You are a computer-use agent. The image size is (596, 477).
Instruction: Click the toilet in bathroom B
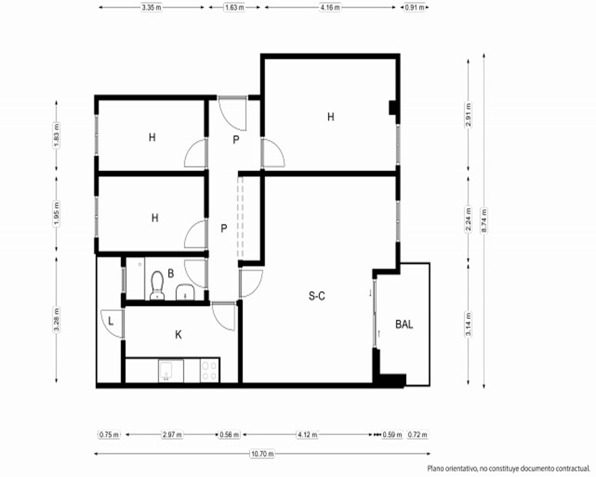coord(157,285)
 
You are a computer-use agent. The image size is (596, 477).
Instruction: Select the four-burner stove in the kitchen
coord(209,371)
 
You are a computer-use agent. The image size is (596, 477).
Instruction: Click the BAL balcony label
coord(404,324)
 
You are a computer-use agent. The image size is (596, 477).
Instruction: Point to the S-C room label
coord(316,296)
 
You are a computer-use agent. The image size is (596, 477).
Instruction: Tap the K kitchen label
coord(178,334)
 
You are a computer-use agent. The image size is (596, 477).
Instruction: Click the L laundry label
coord(111,321)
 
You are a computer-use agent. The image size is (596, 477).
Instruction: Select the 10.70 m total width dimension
coord(262,454)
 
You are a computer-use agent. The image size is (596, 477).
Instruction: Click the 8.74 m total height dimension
coord(484,221)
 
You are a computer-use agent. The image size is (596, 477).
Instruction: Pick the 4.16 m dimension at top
coord(330,7)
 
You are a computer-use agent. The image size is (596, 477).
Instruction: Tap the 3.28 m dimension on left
coord(57,320)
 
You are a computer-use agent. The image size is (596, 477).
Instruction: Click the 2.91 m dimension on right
coord(468,115)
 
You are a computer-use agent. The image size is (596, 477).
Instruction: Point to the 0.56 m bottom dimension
coord(229,435)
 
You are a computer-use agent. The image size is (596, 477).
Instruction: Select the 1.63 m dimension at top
coord(234,7)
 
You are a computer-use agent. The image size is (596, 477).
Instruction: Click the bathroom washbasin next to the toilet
coord(185,292)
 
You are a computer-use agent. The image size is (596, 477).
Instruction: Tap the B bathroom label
coord(170,274)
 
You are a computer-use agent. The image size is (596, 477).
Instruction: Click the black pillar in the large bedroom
coord(393,107)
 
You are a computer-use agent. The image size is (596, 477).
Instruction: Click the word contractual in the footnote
coord(572,468)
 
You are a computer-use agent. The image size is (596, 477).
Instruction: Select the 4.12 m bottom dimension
coord(308,435)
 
